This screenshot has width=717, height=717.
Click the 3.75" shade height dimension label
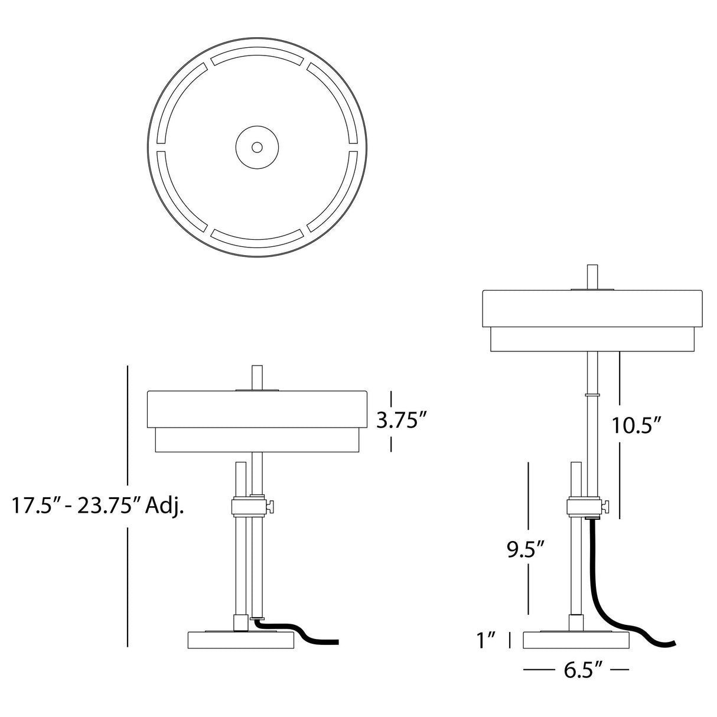pos(400,421)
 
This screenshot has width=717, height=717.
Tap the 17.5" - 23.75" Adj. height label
pos(98,506)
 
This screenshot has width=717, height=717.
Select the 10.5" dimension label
pos(637,426)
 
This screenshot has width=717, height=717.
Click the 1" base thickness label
pos(486,640)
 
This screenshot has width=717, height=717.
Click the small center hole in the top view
pos(257,147)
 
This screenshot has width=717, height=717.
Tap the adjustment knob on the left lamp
pos(272,506)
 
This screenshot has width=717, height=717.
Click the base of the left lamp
pos(241,640)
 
